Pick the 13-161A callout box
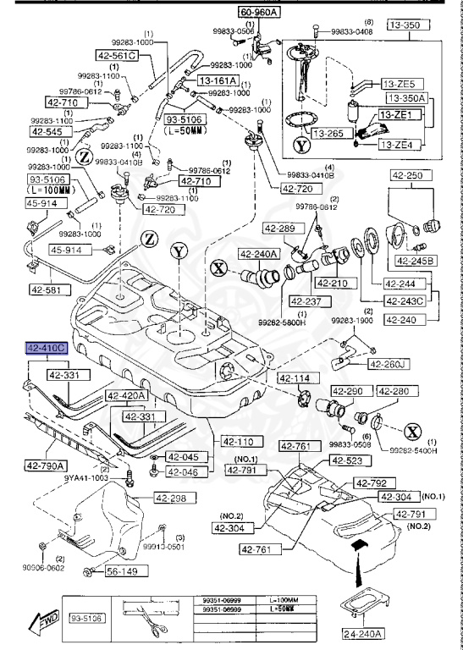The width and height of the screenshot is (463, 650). tap(218, 80)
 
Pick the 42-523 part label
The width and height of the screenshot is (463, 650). tap(345, 460)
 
